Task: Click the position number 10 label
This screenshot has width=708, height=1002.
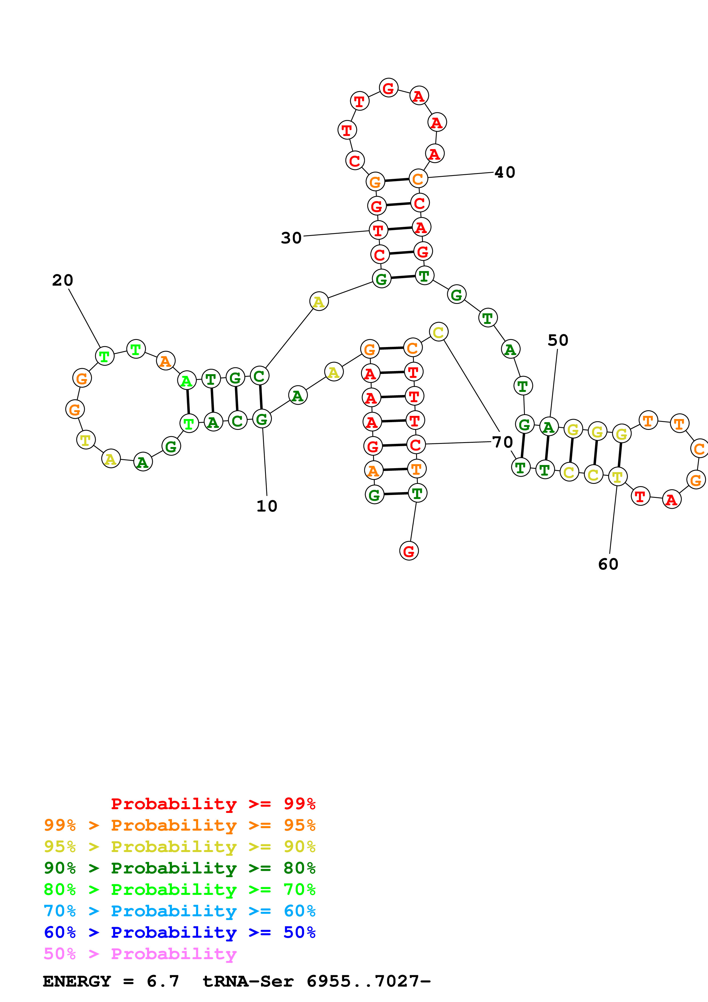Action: [x=266, y=506]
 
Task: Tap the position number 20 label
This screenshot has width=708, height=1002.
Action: [x=62, y=280]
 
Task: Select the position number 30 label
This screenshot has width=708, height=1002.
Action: [x=291, y=238]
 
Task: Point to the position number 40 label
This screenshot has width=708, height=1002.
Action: [x=505, y=173]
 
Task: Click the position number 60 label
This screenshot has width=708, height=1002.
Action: [x=608, y=564]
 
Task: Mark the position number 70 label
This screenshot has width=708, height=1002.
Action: [x=502, y=442]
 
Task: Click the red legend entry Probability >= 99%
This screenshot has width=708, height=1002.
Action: [x=213, y=804]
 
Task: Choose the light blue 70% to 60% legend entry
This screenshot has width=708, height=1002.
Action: [x=179, y=911]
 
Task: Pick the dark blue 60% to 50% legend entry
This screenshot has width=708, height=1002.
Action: [x=179, y=932]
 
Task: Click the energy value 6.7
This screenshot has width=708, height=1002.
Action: [x=163, y=981]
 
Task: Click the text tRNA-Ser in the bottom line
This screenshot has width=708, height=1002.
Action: [x=248, y=981]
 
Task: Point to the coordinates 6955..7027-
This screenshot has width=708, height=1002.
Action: [x=369, y=981]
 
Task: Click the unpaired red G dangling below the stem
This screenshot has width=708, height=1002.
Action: [x=409, y=551]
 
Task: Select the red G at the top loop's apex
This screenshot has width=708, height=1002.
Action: [x=388, y=88]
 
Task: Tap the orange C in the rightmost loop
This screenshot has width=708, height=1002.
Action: [x=699, y=449]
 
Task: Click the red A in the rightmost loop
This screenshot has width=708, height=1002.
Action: [x=671, y=500]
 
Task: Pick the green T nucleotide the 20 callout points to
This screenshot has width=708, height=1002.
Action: [x=104, y=356]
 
